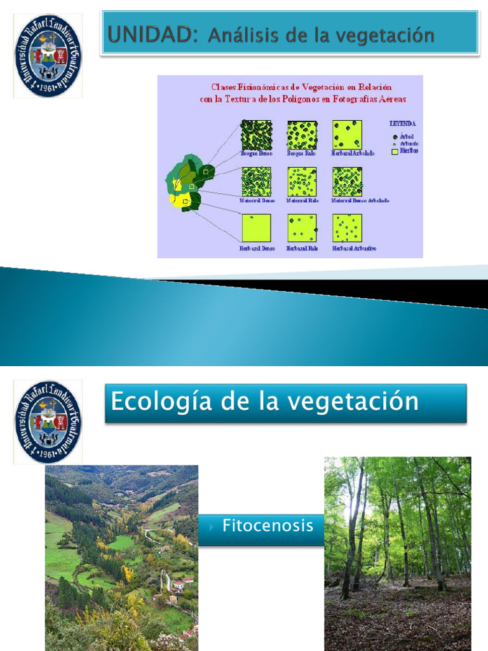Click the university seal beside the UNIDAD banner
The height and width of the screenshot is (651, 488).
click(48, 57)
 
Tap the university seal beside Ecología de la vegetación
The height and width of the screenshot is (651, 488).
click(48, 421)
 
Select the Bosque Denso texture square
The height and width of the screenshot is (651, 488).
click(256, 135)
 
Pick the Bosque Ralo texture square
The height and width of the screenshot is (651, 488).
click(302, 135)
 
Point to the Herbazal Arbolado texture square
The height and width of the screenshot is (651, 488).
click(347, 135)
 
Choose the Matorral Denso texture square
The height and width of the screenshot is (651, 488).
click(256, 182)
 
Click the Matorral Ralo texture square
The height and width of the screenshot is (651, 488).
click(302, 182)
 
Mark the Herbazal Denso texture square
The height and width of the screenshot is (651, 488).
click(256, 228)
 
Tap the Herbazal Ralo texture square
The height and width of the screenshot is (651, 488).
click(302, 228)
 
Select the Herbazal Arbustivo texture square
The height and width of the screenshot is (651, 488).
click(347, 228)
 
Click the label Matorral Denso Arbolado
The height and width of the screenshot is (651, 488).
click(360, 200)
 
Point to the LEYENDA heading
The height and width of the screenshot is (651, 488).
click(403, 124)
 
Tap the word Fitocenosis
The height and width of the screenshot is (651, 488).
click(268, 526)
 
